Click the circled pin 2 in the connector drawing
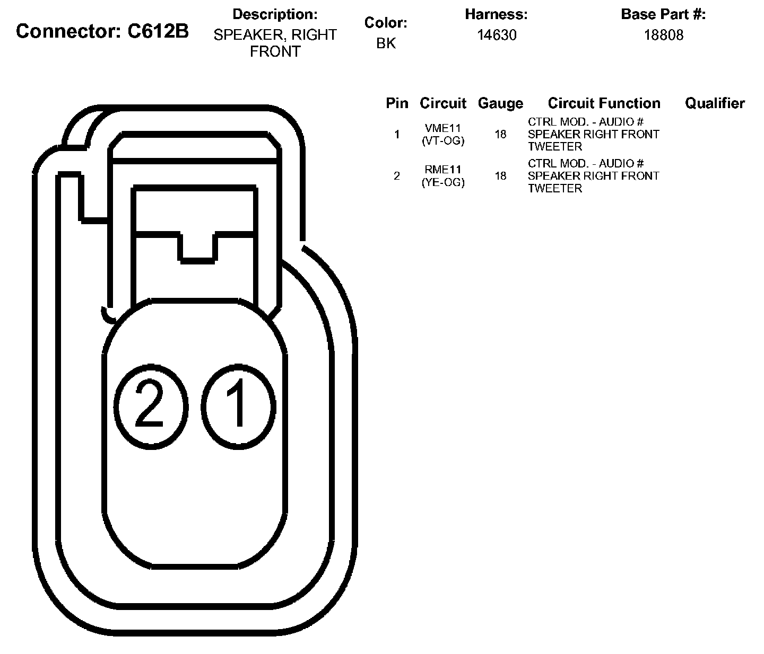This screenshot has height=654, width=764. click(151, 406)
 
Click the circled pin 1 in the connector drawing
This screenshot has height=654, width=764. click(238, 406)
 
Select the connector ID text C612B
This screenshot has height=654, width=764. click(158, 31)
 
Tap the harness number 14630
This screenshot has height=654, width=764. click(497, 35)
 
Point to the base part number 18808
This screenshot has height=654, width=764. click(664, 35)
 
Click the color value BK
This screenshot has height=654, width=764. click(386, 43)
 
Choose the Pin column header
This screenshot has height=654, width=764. click(397, 103)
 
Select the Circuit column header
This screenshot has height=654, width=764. click(443, 103)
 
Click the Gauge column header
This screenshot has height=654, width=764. click(500, 103)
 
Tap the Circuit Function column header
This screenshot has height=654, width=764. click(604, 103)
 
